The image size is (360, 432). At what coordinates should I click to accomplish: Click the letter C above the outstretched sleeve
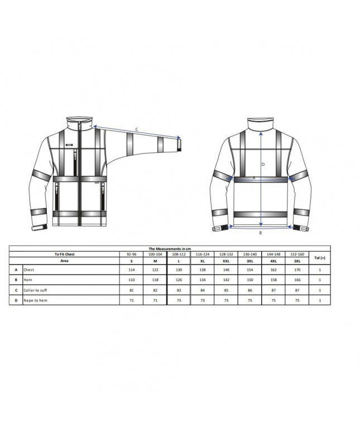tap(137, 129)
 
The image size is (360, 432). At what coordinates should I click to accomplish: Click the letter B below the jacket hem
tap(260, 233)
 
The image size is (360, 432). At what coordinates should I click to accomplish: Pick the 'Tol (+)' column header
tap(320, 257)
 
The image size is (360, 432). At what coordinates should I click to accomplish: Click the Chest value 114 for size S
tap(132, 270)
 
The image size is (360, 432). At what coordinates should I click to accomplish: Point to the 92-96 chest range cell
tap(132, 254)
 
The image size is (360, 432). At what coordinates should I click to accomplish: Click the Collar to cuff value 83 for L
tap(178, 290)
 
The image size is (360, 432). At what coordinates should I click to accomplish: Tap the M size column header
tap(155, 261)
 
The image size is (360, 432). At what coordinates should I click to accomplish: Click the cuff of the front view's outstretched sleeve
tap(180, 144)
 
